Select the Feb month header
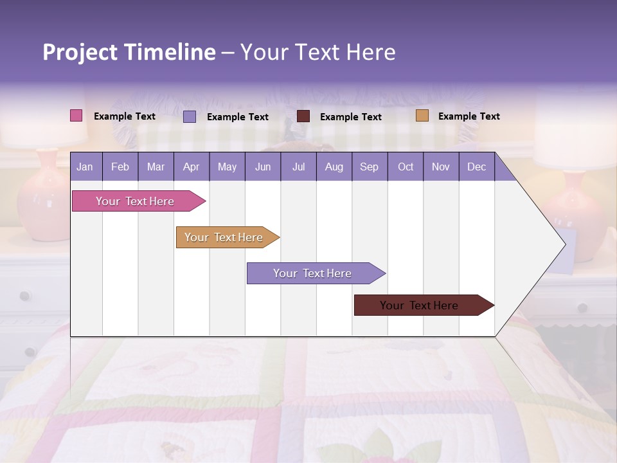click(x=120, y=167)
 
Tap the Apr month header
click(x=191, y=167)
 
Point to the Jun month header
click(x=262, y=167)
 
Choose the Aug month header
click(x=334, y=167)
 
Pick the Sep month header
click(x=369, y=167)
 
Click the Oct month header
click(x=405, y=167)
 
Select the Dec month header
click(x=476, y=167)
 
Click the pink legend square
click(x=76, y=116)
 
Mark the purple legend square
click(x=190, y=116)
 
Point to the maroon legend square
click(x=303, y=116)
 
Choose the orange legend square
click(x=422, y=116)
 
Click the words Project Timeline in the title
click(x=129, y=52)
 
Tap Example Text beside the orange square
click(x=469, y=116)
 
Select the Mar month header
click(x=156, y=167)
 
